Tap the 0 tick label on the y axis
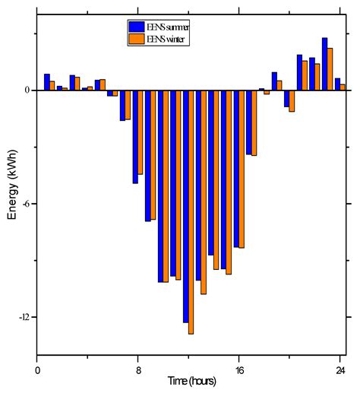(27, 90)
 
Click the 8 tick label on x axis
(138, 370)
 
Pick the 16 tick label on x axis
(239, 370)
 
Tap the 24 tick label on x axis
(340, 370)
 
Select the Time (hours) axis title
(192, 380)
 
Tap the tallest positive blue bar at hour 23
(324, 64)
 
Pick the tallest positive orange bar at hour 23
(330, 69)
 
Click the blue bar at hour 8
(135, 137)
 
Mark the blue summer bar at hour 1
(47, 82)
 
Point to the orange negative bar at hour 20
(292, 101)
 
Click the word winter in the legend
(175, 39)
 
